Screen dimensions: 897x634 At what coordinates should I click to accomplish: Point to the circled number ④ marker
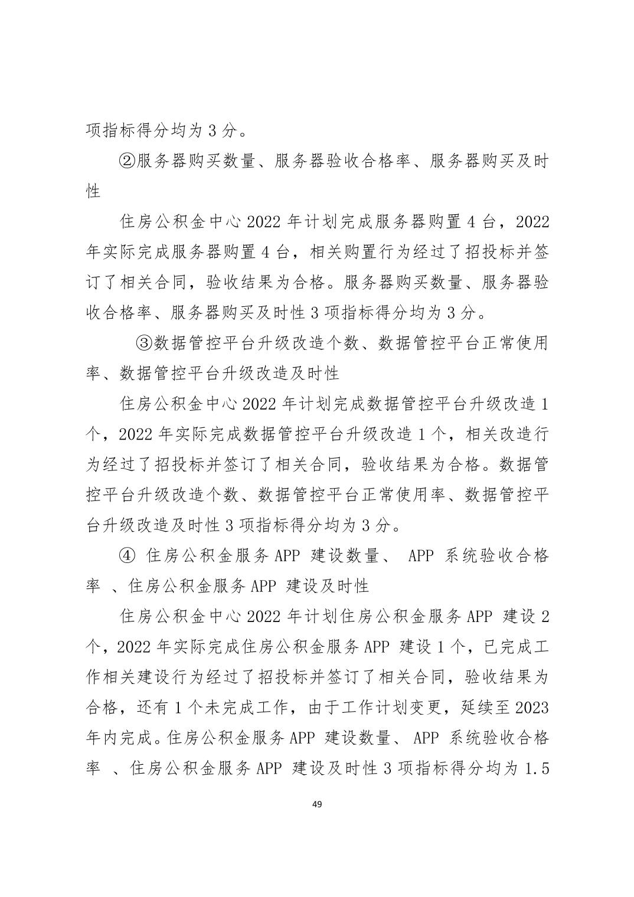coord(128,555)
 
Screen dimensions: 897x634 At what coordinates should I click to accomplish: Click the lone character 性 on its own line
coord(93,191)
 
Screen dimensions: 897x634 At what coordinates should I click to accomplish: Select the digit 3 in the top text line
coord(213,130)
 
